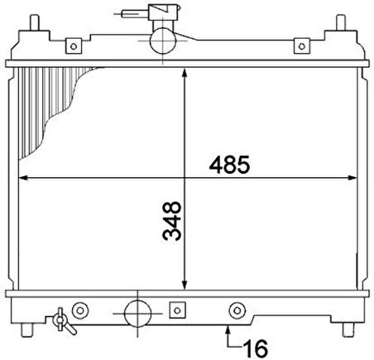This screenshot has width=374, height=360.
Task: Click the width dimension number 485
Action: coord(229,165)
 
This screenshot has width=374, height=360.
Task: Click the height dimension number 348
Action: coord(172,221)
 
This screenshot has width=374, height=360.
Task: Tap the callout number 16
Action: coord(256,348)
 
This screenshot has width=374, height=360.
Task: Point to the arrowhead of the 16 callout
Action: coord(228,329)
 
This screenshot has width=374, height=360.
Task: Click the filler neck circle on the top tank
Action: coord(163,41)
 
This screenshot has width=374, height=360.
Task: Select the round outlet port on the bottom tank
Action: coord(137,314)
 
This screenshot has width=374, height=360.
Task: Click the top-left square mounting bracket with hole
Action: coord(74,46)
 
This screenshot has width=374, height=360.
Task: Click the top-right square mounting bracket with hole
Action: coord(302,46)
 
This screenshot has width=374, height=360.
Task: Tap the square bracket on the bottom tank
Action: coord(177,310)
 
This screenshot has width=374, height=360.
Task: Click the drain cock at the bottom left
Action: coord(63,321)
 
